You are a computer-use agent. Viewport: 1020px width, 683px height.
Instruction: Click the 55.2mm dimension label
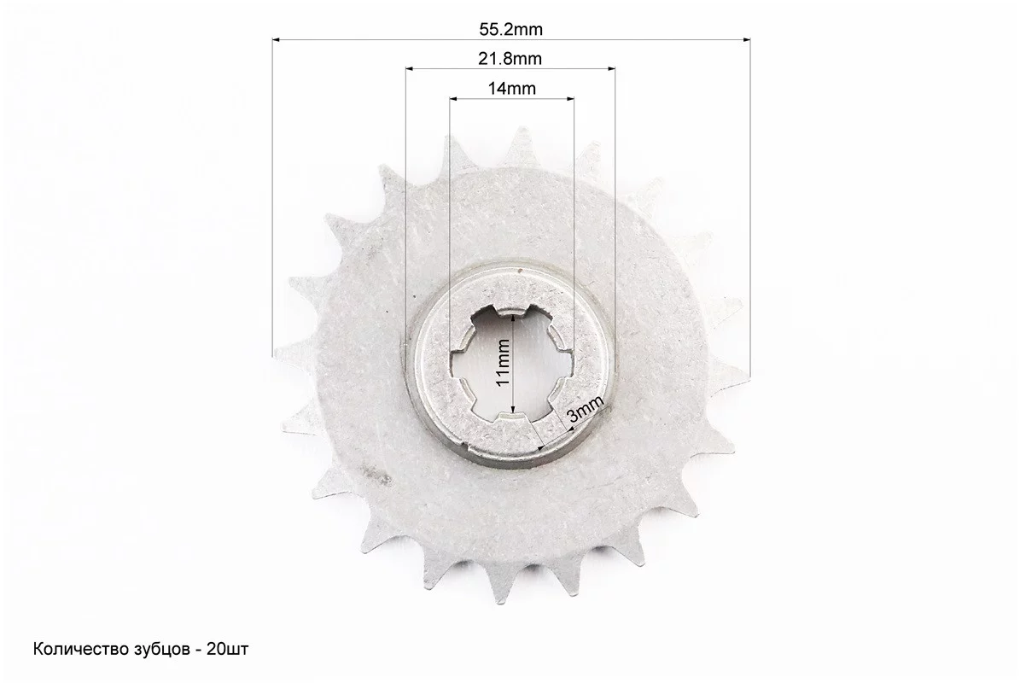coord(510,29)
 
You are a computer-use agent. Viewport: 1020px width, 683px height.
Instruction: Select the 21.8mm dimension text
coord(510,59)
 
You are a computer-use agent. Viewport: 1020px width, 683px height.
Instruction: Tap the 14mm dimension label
coord(512,88)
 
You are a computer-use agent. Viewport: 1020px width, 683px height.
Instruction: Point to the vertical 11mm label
coord(504,362)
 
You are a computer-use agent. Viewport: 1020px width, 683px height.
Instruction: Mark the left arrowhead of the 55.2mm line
coord(277,40)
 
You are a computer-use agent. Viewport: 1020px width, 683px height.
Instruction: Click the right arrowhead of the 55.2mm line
coord(745,40)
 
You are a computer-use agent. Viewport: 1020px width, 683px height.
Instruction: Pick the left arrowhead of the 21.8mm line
coord(410,67)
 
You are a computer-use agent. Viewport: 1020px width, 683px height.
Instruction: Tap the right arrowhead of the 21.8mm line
coord(611,67)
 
